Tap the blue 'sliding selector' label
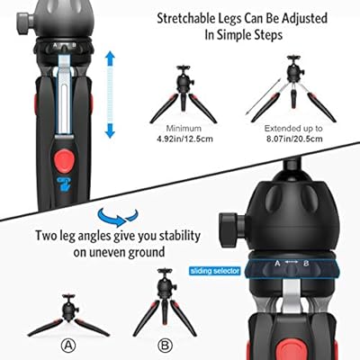coord(215,271)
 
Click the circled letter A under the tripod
coord(68,346)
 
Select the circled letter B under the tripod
coord(165,346)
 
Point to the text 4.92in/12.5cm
coord(184,139)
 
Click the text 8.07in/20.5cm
coord(294,139)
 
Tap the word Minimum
coord(184,129)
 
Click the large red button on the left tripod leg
coord(65,161)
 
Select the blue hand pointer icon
coord(65,184)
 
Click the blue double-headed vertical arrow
coord(110,94)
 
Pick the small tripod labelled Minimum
coord(183,94)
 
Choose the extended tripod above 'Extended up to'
coord(293,89)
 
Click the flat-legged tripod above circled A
coord(68,315)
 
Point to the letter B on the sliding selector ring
coord(306,264)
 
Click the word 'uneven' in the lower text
coord(107,253)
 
